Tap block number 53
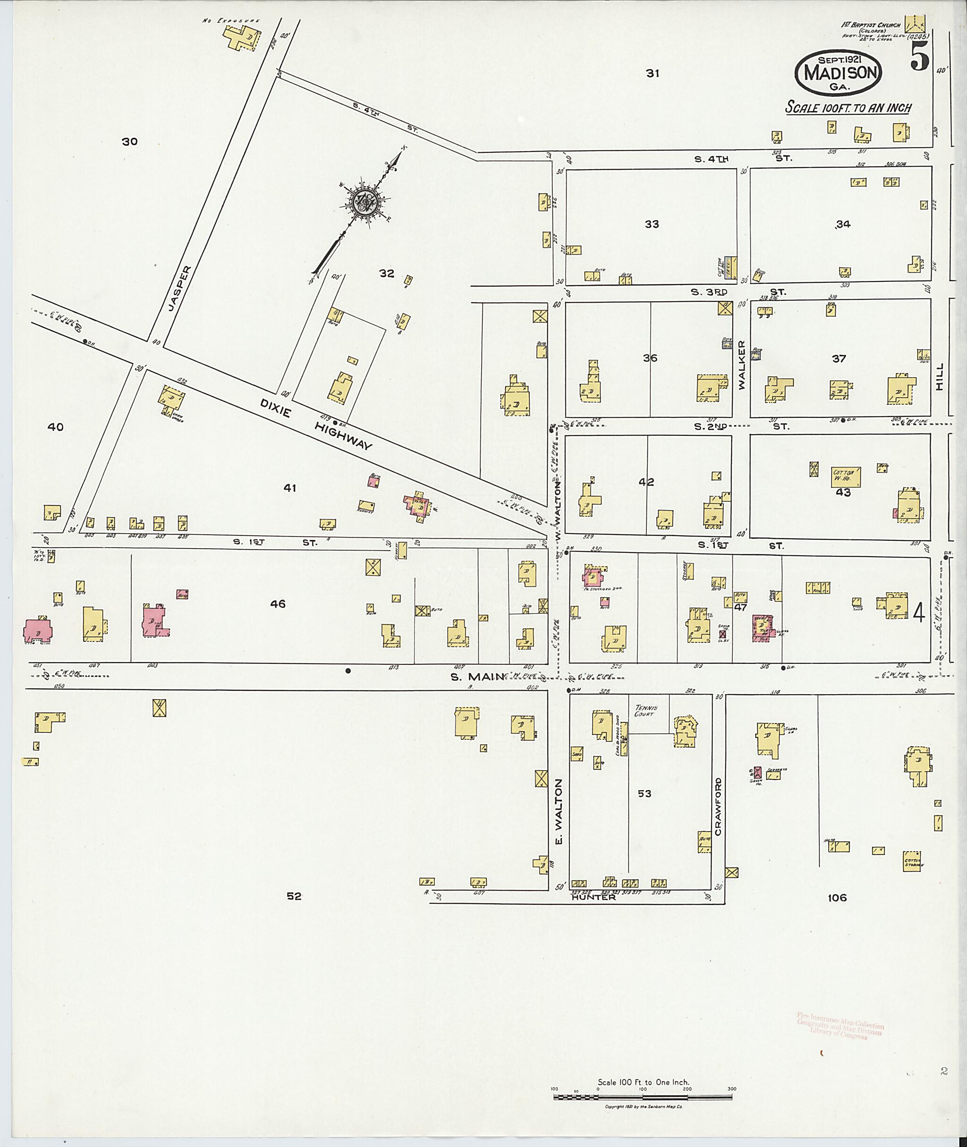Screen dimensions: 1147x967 pos(644,793)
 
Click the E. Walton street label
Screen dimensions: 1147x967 pos(559,813)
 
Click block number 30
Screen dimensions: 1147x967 pos(129,142)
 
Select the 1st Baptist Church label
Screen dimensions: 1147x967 pos(871,25)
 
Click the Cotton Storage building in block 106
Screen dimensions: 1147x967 pos(913,861)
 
